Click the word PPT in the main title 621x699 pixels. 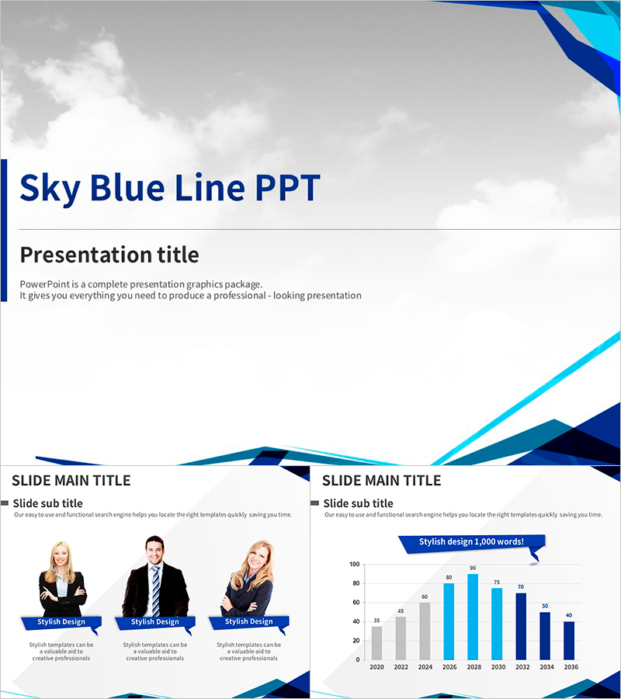tap(286, 188)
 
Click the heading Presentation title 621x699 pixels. tap(109, 255)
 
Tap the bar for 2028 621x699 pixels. tap(473, 617)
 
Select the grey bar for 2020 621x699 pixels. tap(376, 642)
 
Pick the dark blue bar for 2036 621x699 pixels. tap(569, 640)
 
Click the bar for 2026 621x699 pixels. tap(449, 621)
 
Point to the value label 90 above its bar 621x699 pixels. tap(473, 568)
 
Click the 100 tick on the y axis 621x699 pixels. tap(355, 565)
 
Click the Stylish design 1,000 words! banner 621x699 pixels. tap(471, 542)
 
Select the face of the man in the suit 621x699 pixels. tap(154, 551)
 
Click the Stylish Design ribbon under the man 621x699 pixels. tap(154, 622)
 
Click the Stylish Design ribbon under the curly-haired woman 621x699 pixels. tap(248, 622)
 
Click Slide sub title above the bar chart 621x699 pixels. tap(358, 503)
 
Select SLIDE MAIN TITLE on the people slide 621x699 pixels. tap(71, 481)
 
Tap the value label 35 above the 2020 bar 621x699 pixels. tap(376, 621)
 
